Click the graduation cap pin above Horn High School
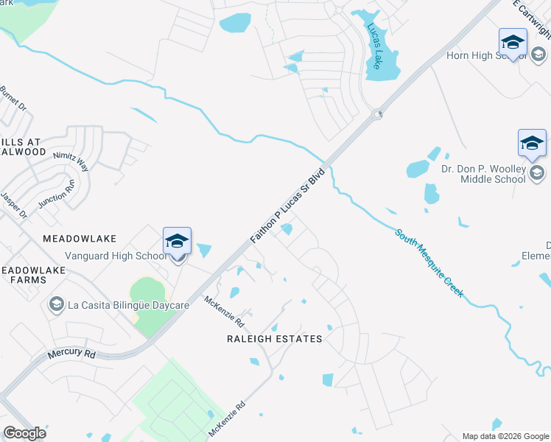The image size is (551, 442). pyautogui.click(x=513, y=43)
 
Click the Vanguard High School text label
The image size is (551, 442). pyautogui.click(x=116, y=256)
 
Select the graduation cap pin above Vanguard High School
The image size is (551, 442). pyautogui.click(x=177, y=241)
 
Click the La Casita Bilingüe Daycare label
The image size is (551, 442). pyautogui.click(x=128, y=304)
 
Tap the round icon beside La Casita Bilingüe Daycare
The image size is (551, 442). pyautogui.click(x=55, y=304)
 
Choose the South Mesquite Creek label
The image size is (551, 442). pyautogui.click(x=429, y=262)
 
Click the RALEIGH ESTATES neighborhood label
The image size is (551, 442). pyautogui.click(x=274, y=339)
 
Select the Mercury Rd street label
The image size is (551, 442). pyautogui.click(x=71, y=353)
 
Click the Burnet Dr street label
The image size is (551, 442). pyautogui.click(x=13, y=99)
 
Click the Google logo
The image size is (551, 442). pyautogui.click(x=25, y=433)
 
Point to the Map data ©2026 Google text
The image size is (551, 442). pyautogui.click(x=505, y=435)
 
